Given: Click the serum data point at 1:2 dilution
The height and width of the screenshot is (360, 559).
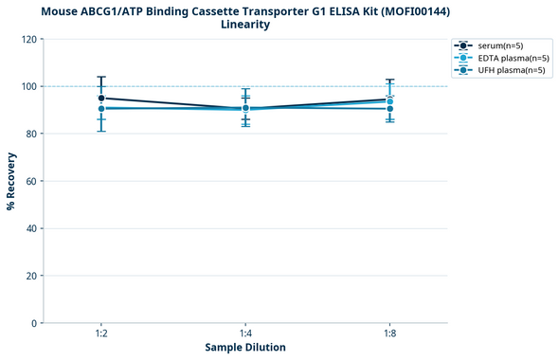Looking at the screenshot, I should point(101,98).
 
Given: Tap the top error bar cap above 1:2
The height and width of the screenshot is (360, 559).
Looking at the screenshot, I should point(101,77).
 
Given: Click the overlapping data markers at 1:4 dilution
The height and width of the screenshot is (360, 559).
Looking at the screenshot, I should point(245,108).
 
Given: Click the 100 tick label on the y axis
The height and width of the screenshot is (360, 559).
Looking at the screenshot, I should point(29,86).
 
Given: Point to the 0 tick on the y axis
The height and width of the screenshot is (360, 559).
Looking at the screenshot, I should point(35,323).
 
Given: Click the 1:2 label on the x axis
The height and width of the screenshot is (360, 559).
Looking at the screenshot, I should point(101,334).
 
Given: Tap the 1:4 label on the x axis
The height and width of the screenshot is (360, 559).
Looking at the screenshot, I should point(245,334).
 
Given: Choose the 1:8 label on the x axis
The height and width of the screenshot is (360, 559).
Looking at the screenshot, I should point(389,334).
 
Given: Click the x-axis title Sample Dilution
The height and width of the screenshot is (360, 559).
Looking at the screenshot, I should point(245,348).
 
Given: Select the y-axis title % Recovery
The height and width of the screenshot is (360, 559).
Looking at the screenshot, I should point(11,181).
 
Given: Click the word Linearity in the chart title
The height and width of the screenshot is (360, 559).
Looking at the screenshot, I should point(245,25).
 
